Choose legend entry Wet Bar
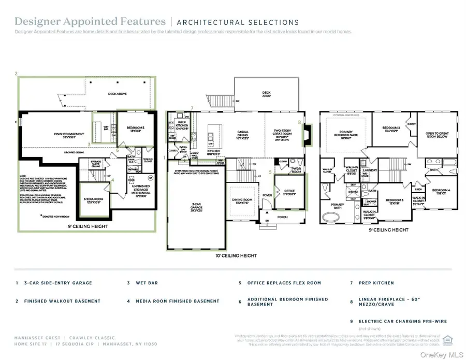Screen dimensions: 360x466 click(x=147, y=283)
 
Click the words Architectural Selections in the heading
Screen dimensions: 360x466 click(x=238, y=22)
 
